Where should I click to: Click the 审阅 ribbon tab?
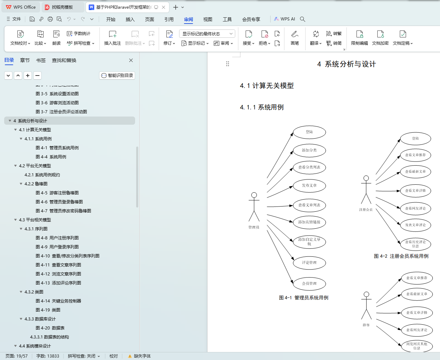[188, 19]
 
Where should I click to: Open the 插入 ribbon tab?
[130, 19]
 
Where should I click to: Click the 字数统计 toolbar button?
[79, 34]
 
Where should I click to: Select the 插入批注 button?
[113, 38]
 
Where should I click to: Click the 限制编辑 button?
[359, 38]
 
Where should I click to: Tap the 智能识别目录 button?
[117, 76]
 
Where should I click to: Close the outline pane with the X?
[131, 60]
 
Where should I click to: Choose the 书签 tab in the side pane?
[41, 60]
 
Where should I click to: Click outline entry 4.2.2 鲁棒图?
[36, 184]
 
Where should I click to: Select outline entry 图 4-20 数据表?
[50, 328]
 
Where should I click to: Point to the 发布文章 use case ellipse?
[309, 186]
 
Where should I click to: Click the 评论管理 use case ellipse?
[309, 263]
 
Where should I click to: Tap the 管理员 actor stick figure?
[254, 207]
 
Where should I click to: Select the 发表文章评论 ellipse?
[415, 225]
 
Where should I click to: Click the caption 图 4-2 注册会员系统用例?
[401, 256]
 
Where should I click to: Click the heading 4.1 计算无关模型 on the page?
[267, 86]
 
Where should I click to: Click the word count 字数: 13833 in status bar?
[48, 356]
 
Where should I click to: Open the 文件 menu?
[14, 19]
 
